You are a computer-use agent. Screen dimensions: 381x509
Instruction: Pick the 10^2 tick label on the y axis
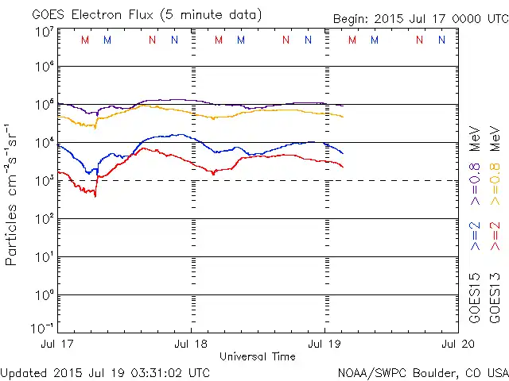[44, 219]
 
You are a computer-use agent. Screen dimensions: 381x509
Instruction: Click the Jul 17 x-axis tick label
[58, 344]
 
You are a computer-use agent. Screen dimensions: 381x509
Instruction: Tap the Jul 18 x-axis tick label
[191, 344]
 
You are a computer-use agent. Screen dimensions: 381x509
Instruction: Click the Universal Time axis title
[258, 356]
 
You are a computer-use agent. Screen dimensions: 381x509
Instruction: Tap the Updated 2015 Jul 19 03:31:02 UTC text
[106, 372]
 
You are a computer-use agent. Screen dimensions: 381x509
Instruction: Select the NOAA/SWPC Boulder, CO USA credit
[422, 372]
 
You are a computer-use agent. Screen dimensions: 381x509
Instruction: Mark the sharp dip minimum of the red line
[95, 195]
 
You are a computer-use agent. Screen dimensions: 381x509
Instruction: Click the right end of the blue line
[343, 153]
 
